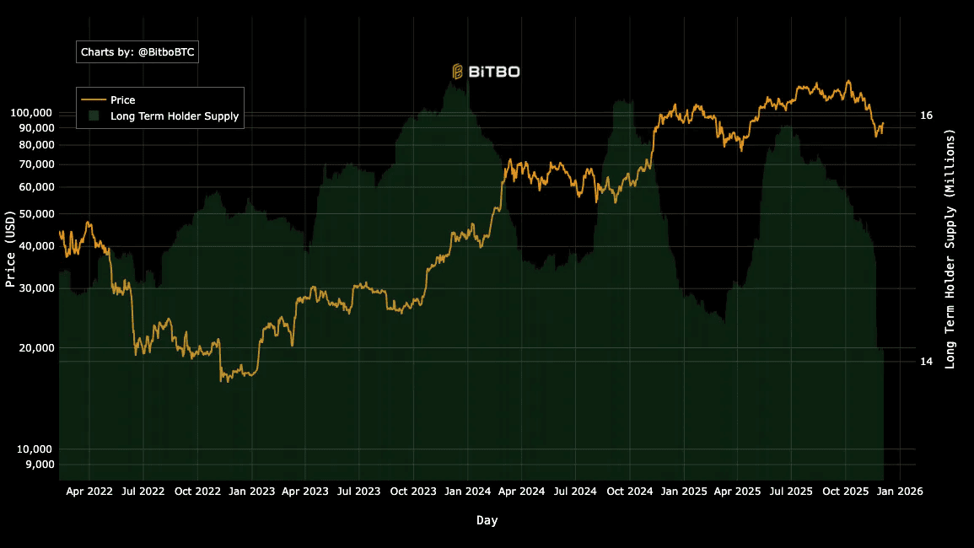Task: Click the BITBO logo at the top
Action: pos(486,72)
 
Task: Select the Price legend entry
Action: pos(122,100)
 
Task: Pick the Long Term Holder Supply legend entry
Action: pos(174,116)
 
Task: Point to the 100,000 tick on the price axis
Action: pos(31,113)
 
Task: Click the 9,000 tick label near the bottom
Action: pos(37,465)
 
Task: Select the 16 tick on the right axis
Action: pos(926,116)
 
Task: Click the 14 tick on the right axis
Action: pos(926,362)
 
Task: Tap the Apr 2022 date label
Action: pos(89,491)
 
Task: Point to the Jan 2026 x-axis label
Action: pos(900,491)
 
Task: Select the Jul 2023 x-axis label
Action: pos(359,491)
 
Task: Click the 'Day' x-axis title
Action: pos(487,520)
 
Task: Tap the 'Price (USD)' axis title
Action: pos(11,249)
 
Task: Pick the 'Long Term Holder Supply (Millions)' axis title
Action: pos(950,249)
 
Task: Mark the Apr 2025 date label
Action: pos(738,491)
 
